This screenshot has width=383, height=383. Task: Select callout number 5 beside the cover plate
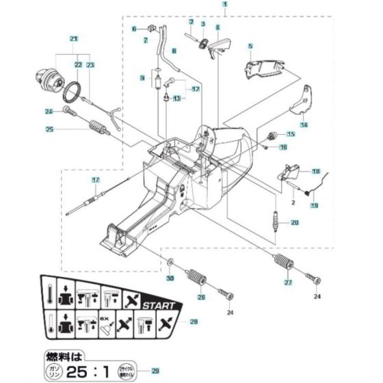250,47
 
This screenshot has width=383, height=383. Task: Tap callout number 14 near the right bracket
304,125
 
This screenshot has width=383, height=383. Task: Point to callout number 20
295,222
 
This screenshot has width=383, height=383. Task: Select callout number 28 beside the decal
194,321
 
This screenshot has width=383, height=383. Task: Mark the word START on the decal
159,306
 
